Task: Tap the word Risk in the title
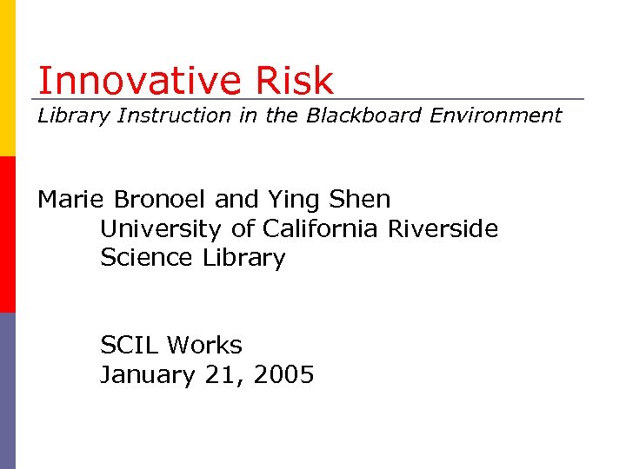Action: click(x=295, y=81)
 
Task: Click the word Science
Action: click(x=148, y=258)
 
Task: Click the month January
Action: click(x=144, y=375)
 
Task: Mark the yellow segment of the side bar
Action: click(x=7, y=78)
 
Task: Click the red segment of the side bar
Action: click(x=7, y=234)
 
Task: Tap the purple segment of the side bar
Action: click(x=7, y=391)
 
